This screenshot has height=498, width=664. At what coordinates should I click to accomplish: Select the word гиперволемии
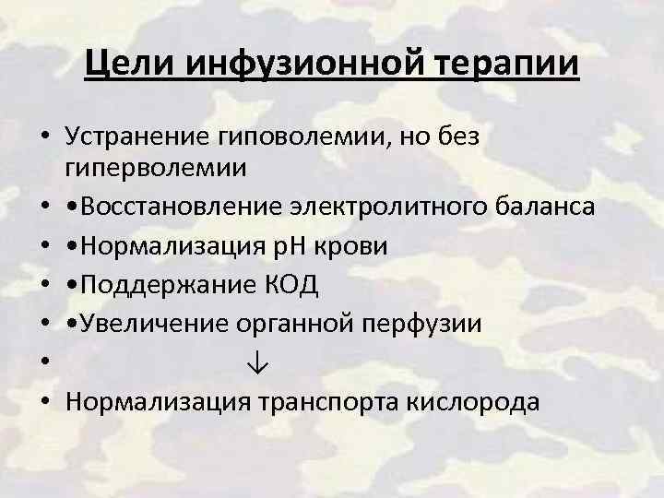click(156, 169)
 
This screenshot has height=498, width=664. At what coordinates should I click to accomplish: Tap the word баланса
click(539, 207)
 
